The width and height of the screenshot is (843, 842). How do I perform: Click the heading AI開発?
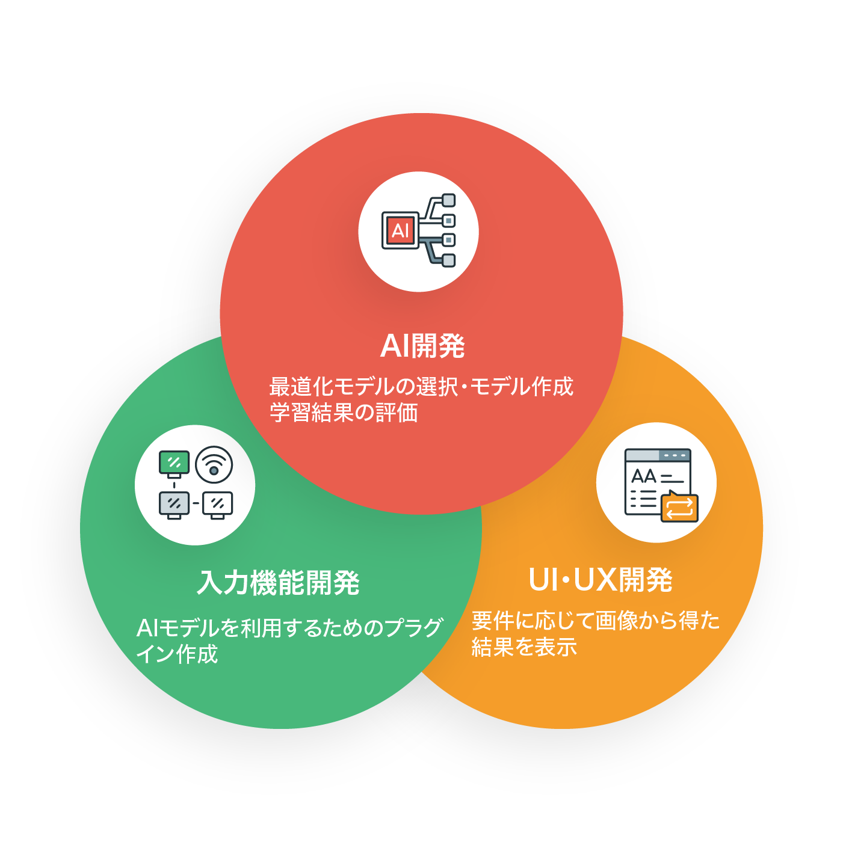click(422, 346)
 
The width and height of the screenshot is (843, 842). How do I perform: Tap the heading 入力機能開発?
click(278, 583)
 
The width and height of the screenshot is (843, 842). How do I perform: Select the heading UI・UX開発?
click(600, 580)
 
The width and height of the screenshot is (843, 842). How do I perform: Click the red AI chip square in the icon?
click(400, 230)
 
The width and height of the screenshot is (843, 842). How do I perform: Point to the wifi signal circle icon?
click(214, 465)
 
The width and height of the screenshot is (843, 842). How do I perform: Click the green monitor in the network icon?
click(174, 463)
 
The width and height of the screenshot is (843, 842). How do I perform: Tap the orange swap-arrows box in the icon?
click(679, 508)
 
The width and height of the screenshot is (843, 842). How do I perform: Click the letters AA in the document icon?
click(643, 477)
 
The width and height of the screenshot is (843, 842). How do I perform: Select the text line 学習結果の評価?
click(344, 413)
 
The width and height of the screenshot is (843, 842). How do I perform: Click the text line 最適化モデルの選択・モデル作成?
click(421, 386)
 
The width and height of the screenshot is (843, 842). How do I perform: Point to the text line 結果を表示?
click(524, 647)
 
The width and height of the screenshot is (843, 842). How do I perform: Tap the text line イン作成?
click(177, 654)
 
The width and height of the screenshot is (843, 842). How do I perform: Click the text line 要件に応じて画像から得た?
click(596, 620)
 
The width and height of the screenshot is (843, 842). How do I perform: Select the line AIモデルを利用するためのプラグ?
click(289, 628)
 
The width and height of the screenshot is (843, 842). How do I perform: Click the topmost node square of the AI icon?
click(448, 200)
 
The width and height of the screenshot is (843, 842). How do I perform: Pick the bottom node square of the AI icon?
click(448, 260)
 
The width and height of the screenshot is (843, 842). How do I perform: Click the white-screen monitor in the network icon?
click(217, 504)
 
